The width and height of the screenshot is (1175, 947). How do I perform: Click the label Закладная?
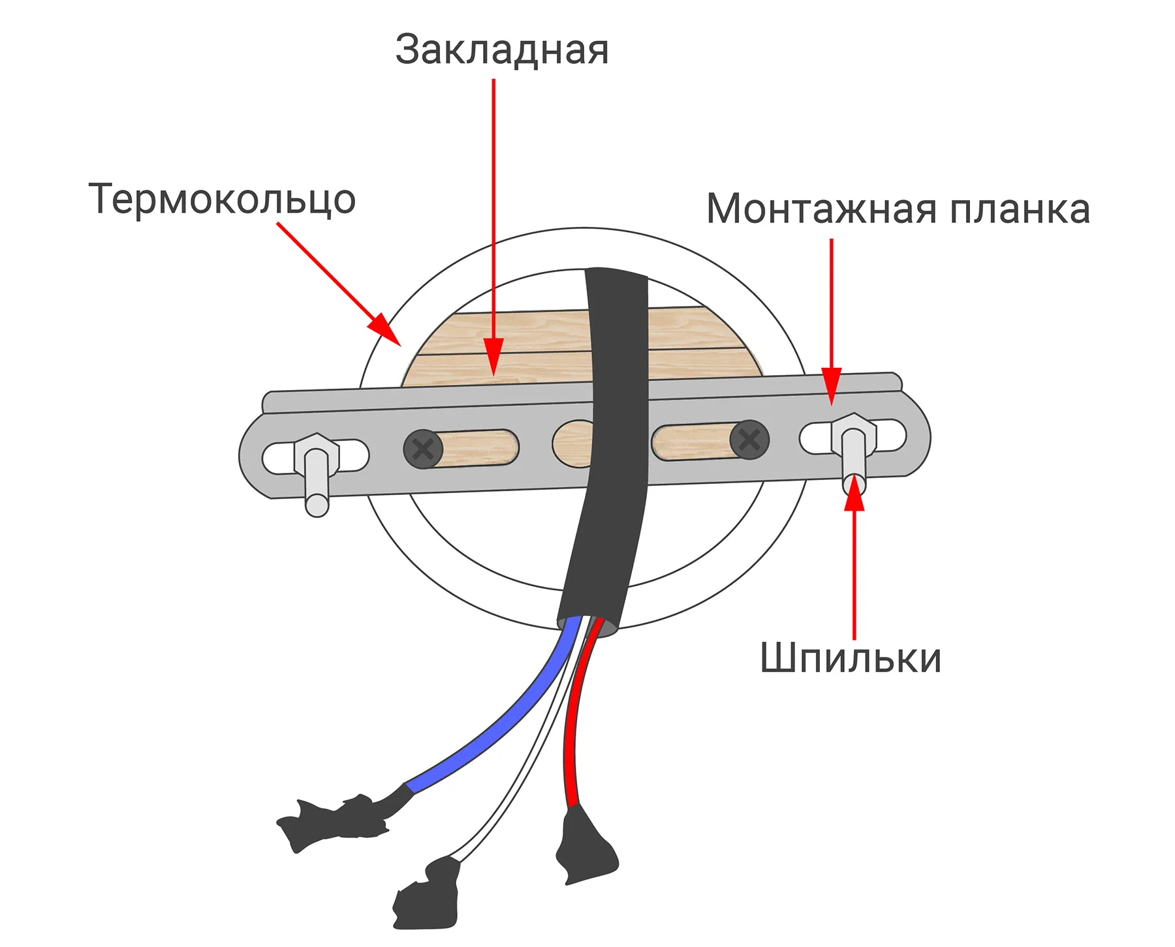(x=501, y=50)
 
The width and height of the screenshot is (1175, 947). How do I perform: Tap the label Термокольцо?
(x=222, y=199)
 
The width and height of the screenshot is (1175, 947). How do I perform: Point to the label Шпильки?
(x=850, y=658)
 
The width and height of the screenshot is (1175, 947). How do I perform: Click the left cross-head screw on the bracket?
(x=423, y=449)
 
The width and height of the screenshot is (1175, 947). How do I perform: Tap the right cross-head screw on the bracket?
(x=749, y=440)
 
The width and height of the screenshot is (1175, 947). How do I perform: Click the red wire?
(x=573, y=737)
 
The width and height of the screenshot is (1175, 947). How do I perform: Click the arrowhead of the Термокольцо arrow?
(x=385, y=329)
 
